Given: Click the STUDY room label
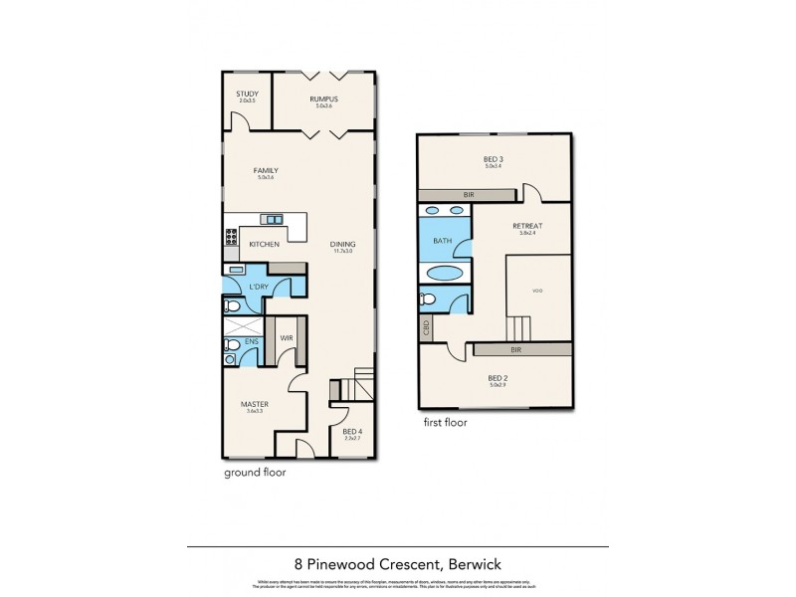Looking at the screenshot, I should click(247, 95).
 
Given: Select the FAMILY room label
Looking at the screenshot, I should click(265, 170).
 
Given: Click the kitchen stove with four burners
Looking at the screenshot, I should click(230, 238).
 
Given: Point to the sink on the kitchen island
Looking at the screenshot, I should click(272, 219).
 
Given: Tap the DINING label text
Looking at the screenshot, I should click(343, 245).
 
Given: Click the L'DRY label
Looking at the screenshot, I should click(260, 288).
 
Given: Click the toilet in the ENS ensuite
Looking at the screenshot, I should click(230, 346).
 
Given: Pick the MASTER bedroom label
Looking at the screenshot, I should click(254, 404).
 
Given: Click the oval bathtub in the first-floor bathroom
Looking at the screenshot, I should click(445, 274).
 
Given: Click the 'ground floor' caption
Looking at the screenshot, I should click(254, 473).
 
